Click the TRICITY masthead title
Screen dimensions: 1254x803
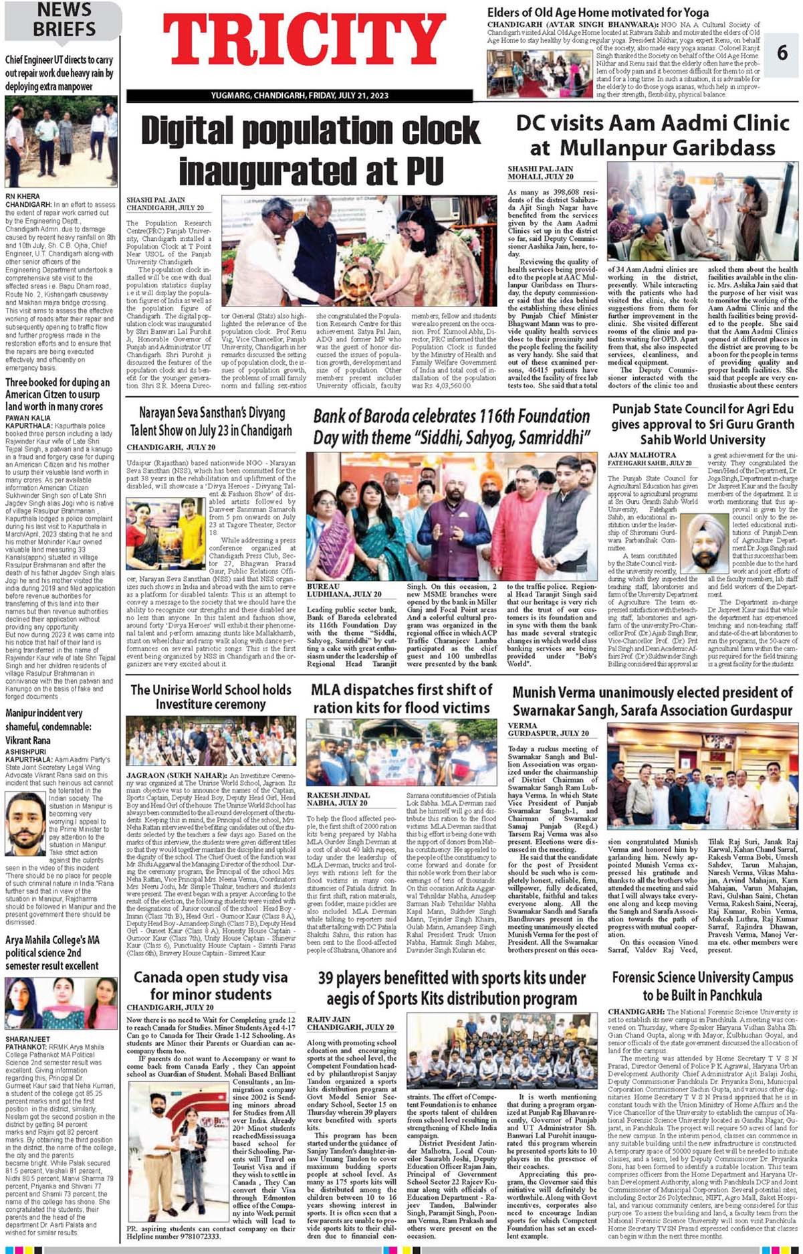click(x=304, y=43)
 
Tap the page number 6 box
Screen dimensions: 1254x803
click(x=782, y=53)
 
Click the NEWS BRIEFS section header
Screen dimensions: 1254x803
click(x=64, y=19)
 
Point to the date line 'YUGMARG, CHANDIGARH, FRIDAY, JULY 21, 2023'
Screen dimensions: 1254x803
click(x=300, y=96)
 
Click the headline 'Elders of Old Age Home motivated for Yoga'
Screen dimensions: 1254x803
click(x=598, y=13)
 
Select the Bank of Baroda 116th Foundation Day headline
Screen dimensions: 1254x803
click(x=451, y=426)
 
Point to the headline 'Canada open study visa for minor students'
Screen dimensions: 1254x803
click(x=211, y=986)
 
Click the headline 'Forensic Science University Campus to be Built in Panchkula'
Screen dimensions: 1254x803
click(x=702, y=986)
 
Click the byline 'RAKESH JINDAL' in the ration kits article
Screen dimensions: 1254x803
click(x=338, y=794)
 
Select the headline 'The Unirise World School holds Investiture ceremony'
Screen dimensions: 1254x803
click(x=211, y=696)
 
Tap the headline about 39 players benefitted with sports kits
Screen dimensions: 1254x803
click(x=452, y=987)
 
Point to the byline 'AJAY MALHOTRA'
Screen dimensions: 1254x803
click(x=633, y=455)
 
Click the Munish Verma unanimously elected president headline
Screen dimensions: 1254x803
click(x=652, y=701)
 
